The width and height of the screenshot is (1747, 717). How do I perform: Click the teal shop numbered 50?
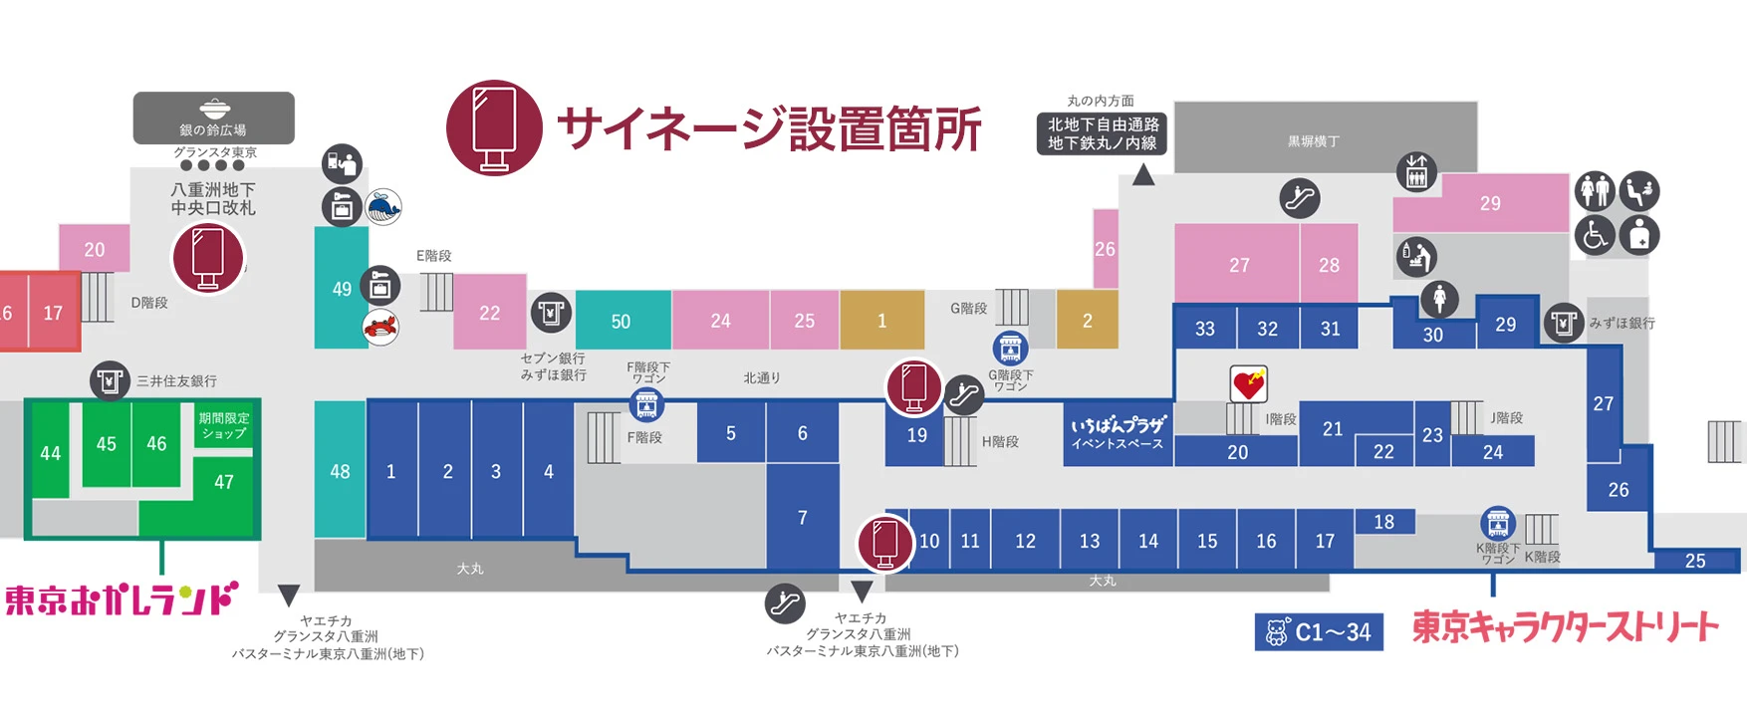(x=622, y=321)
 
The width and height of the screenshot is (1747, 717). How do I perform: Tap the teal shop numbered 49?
(x=341, y=289)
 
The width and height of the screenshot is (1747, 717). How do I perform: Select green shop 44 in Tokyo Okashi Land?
(x=50, y=453)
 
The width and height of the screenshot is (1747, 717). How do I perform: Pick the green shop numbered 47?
(x=224, y=483)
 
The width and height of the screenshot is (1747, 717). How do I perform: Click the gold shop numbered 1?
(x=881, y=321)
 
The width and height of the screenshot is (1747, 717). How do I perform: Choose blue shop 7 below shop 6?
(x=803, y=518)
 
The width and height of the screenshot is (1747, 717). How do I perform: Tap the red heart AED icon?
(x=1248, y=383)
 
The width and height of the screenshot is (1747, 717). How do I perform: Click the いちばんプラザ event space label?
(x=1118, y=434)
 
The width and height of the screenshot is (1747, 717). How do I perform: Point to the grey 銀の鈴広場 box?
(x=213, y=118)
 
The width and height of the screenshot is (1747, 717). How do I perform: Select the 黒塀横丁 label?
(x=1314, y=141)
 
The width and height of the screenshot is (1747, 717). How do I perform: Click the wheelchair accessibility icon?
(x=1594, y=236)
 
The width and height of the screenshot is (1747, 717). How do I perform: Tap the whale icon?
(x=383, y=207)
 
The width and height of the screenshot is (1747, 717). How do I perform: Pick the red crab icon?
(x=380, y=327)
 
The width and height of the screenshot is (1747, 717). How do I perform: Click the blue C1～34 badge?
(x=1319, y=631)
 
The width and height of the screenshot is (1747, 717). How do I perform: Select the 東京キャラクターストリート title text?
(x=1565, y=626)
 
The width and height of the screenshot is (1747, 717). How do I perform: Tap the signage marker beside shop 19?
(x=914, y=386)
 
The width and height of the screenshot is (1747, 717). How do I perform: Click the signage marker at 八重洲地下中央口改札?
(x=208, y=257)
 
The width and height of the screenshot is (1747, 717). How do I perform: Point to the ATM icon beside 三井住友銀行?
(x=110, y=380)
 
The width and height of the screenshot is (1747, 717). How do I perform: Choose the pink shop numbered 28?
(x=1329, y=265)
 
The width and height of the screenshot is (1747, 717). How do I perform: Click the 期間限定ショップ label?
(x=224, y=426)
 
